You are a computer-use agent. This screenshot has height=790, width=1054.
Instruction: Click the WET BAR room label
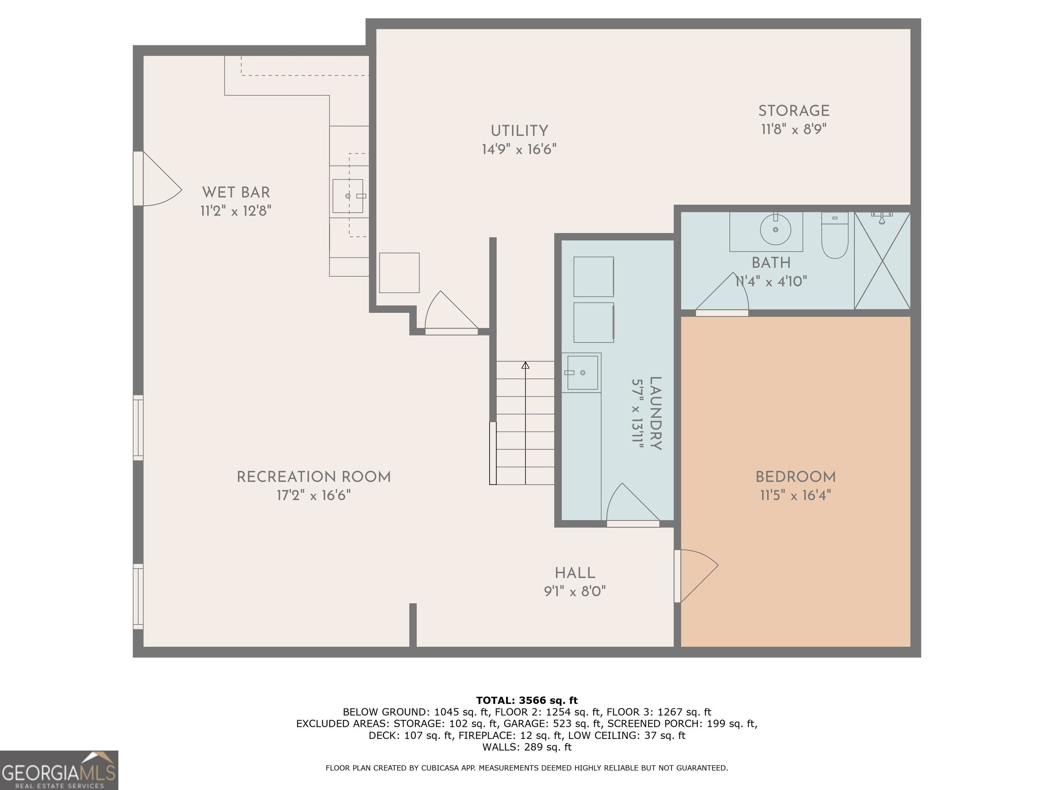236,192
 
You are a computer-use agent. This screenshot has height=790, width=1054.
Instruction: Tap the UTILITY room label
519,131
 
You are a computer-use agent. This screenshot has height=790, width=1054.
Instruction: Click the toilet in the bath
835,235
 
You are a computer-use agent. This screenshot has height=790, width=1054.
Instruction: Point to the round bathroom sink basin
775,229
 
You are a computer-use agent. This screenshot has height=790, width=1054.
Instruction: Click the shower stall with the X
882,261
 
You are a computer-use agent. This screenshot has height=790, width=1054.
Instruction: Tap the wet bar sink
348,196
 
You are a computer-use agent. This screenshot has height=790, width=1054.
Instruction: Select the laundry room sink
582,373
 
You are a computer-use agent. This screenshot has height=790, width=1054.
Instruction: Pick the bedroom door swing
696,576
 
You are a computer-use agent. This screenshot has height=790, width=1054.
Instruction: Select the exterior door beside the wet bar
157,179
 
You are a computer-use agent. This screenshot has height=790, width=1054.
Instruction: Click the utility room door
451,312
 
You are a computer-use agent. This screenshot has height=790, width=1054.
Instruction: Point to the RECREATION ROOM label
314,477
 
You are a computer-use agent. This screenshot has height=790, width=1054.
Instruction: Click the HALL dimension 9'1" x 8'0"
575,591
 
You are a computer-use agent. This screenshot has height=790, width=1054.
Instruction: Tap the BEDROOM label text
795,477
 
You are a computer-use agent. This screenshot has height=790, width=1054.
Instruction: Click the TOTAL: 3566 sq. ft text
527,700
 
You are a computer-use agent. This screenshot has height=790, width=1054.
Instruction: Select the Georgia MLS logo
59,770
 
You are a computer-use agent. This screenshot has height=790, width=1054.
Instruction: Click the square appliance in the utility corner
399,273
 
